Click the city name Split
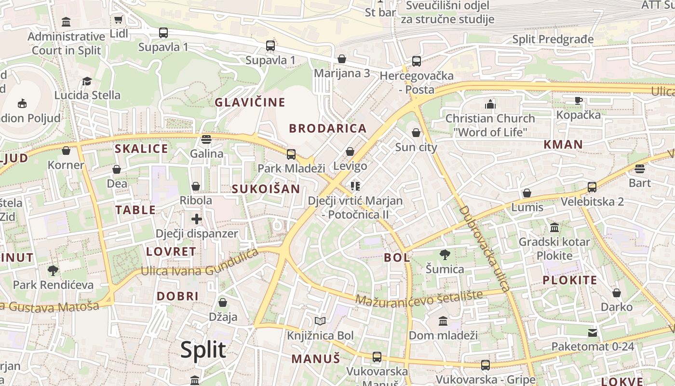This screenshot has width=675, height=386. pyautogui.click(x=203, y=349)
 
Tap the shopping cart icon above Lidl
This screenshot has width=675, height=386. pyautogui.click(x=118, y=20)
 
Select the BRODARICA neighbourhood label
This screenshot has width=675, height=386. pyautogui.click(x=328, y=128)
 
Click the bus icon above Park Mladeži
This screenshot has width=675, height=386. pyautogui.click(x=291, y=154)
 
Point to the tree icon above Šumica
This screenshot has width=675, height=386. pyautogui.click(x=445, y=255)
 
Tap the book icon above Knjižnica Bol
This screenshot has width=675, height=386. pyautogui.click(x=320, y=321)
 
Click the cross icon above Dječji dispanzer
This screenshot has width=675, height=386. pyautogui.click(x=196, y=219)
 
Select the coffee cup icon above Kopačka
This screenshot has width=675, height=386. pyautogui.click(x=578, y=100)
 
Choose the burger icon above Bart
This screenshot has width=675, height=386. pyautogui.click(x=640, y=168)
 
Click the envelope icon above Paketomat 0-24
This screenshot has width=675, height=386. pyautogui.click(x=593, y=332)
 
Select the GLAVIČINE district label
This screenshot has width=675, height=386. pyautogui.click(x=250, y=102)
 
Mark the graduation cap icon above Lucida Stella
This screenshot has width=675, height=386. pyautogui.click(x=87, y=81)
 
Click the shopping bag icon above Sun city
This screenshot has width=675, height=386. pyautogui.click(x=416, y=133)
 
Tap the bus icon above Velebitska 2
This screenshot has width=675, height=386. pyautogui.click(x=592, y=187)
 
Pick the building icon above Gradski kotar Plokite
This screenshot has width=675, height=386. pyautogui.click(x=554, y=227)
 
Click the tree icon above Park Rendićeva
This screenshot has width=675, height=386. pyautogui.click(x=53, y=270)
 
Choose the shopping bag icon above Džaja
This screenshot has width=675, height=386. pyautogui.click(x=223, y=303)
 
